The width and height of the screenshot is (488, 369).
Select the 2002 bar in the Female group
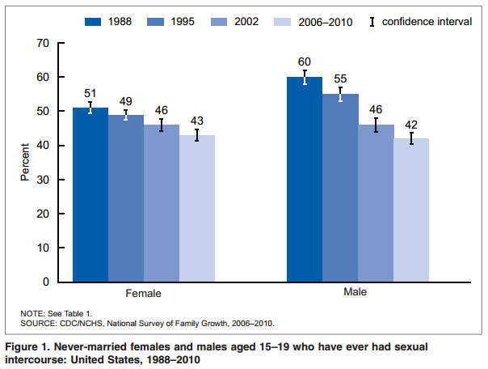click(x=162, y=202)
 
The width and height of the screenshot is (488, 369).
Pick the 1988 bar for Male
click(x=305, y=179)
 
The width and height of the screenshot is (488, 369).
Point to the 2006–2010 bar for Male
click(x=411, y=210)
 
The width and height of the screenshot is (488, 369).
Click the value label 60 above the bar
click(x=305, y=61)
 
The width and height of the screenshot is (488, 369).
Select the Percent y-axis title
click(x=24, y=163)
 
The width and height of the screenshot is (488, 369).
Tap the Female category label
click(x=144, y=294)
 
